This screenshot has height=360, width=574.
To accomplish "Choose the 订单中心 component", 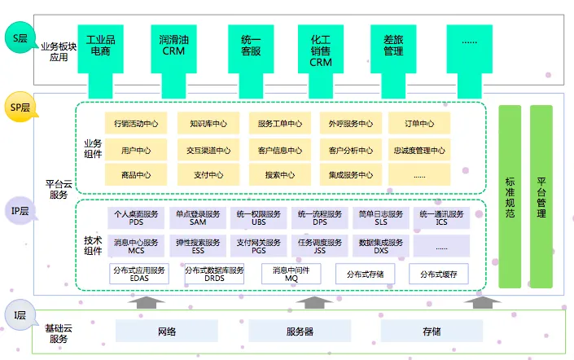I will pyautogui.click(x=419, y=125).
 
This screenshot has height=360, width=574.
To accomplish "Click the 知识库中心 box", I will pyautogui.click(x=204, y=125).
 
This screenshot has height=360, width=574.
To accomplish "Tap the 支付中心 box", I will pyautogui.click(x=204, y=174).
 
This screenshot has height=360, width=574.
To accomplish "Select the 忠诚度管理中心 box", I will pyautogui.click(x=419, y=150).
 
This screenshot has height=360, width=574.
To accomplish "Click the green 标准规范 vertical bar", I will pyautogui.click(x=510, y=196).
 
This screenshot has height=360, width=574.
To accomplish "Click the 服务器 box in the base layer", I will pyautogui.click(x=300, y=331).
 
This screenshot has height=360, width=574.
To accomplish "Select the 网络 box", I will pyautogui.click(x=166, y=331).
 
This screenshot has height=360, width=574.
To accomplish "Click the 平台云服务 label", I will pyautogui.click(x=59, y=189).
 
